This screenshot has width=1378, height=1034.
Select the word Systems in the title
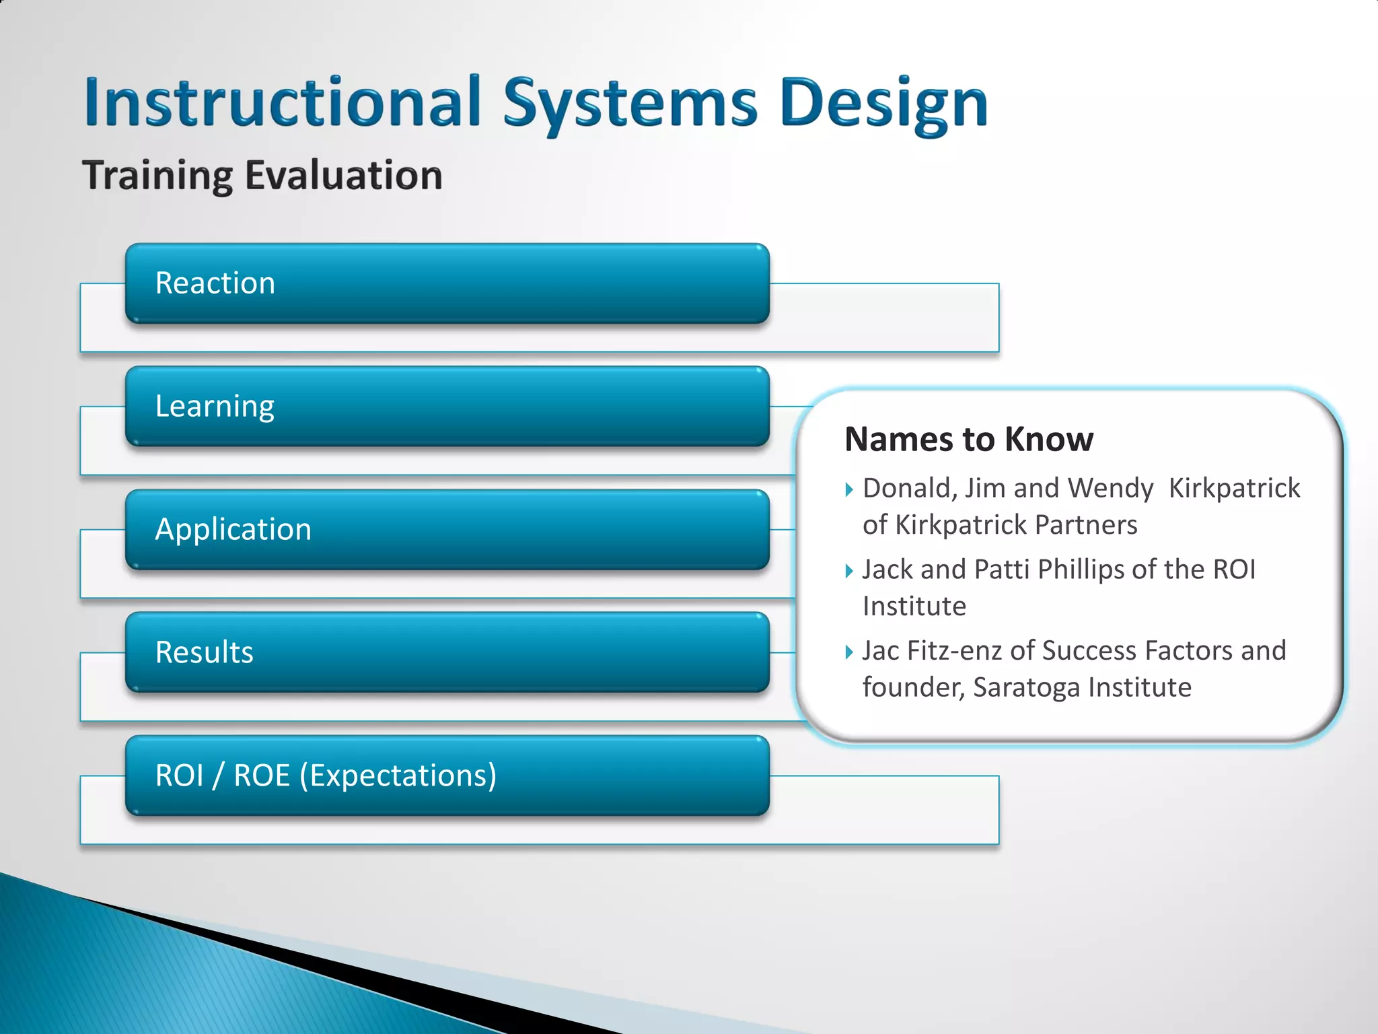tap(630, 102)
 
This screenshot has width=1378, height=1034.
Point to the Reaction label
tap(215, 283)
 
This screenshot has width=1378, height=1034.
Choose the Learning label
tap(215, 406)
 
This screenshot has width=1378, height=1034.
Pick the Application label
tap(233, 529)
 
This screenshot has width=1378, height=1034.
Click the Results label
tap(205, 652)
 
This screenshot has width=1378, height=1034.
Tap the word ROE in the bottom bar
tap(262, 775)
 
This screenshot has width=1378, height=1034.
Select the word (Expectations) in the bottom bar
tap(398, 775)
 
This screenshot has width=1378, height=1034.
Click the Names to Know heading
tap(969, 439)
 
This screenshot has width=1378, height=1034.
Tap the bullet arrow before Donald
tap(849, 489)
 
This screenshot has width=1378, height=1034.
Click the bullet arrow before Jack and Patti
tap(849, 571)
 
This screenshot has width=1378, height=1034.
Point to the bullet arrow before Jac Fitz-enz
tap(849, 652)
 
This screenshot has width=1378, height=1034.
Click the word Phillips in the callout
tap(1081, 570)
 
